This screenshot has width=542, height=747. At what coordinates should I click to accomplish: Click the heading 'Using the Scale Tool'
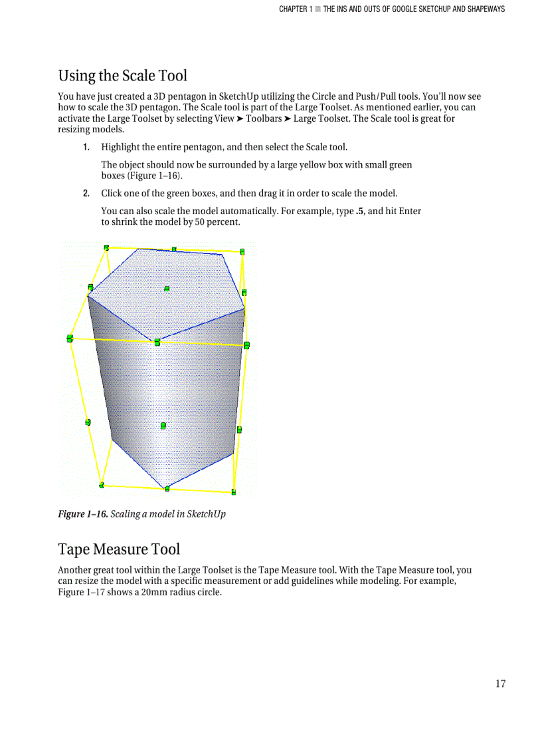122,76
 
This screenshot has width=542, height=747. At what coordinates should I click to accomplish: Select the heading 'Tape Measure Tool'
119,549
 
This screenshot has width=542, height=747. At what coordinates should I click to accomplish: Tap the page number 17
500,684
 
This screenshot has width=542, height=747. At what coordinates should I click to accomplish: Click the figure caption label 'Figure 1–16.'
82,514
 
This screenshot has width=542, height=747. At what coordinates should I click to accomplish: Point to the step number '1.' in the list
86,147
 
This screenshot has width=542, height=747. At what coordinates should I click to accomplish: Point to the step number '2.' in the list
86,194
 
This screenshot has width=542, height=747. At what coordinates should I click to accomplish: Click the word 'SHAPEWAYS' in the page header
484,9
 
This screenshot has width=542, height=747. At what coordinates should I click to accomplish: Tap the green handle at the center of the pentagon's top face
167,289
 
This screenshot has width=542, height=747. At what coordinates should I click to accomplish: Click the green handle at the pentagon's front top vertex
157,342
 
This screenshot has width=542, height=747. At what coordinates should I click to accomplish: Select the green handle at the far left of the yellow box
70,339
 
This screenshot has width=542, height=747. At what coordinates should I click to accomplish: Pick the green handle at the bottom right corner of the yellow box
234,492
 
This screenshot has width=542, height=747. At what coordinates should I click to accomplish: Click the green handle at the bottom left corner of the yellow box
102,485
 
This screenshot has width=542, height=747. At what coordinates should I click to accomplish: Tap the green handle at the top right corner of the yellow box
242,251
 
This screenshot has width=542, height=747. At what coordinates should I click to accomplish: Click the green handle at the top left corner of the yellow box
106,247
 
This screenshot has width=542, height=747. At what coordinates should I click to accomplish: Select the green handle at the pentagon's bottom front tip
167,489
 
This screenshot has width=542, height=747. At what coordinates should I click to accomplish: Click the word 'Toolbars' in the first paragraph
264,119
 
